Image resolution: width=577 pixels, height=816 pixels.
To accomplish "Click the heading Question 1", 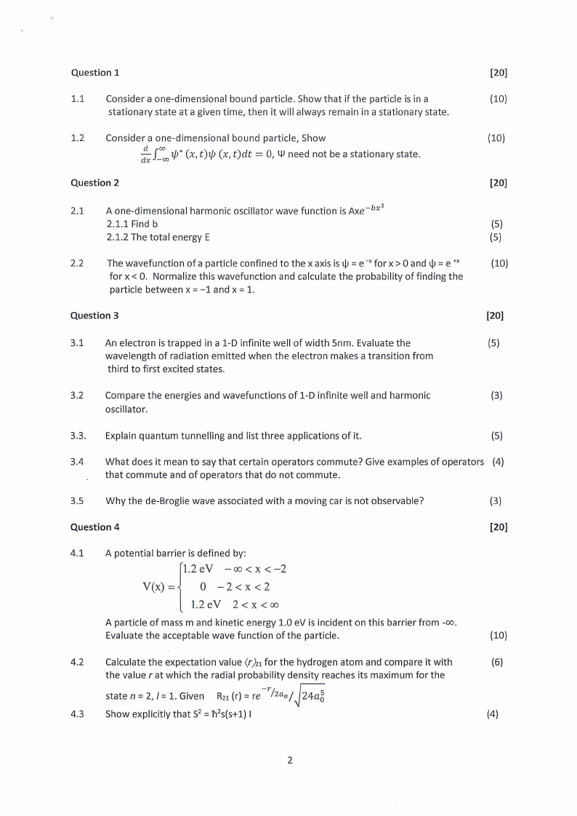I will click(x=95, y=73).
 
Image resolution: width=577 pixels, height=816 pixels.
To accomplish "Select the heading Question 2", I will click(x=95, y=183).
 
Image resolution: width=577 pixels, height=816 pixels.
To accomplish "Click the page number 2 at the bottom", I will click(x=289, y=761).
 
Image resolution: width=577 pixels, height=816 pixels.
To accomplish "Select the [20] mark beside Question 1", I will click(x=499, y=73).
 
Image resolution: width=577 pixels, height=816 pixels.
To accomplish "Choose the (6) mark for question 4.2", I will click(x=496, y=662).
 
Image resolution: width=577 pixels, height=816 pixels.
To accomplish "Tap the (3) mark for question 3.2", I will click(x=496, y=396).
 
